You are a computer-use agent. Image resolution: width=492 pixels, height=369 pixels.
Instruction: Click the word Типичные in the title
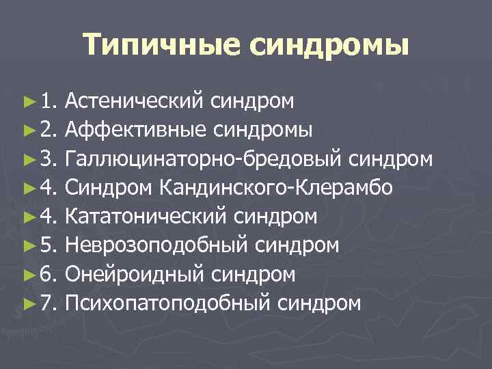click(161, 46)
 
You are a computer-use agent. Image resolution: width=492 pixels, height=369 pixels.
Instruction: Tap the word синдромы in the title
click(329, 46)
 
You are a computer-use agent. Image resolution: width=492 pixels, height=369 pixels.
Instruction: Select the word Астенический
click(135, 101)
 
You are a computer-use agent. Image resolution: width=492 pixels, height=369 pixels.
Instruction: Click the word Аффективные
click(135, 130)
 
